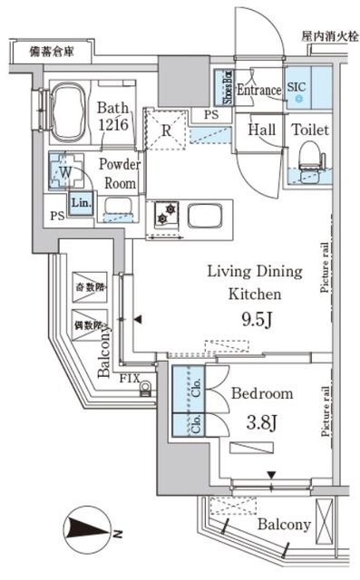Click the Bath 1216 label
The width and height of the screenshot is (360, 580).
pyautogui.click(x=114, y=116)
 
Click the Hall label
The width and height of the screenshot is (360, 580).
pyautogui.click(x=264, y=130)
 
